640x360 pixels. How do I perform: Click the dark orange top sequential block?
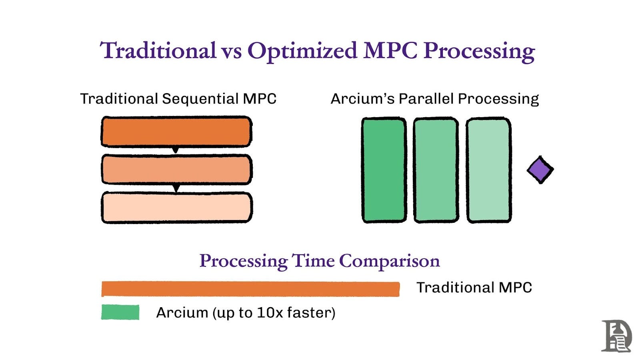pos(176,132)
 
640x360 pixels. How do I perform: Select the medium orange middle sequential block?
pos(177,170)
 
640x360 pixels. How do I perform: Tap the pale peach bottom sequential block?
pos(177,208)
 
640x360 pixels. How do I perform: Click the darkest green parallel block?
pos(384,170)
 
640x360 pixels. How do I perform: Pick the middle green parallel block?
pos(436,170)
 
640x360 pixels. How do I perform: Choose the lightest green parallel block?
pos(489,170)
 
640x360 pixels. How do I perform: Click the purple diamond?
pos(540,170)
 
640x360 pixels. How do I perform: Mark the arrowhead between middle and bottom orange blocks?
pos(176,188)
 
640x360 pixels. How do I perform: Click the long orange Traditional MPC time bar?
pos(250,289)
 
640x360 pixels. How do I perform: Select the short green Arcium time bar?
pos(120,312)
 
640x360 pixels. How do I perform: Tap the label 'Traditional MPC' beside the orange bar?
pos(474,288)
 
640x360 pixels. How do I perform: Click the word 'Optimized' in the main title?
pos(302,51)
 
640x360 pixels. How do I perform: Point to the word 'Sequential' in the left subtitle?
pos(200,99)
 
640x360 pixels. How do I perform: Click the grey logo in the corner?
pos(616,336)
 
